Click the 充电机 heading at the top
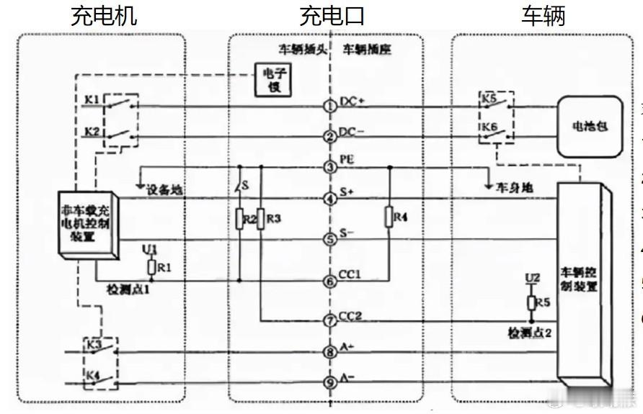coord(104,16)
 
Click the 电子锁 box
coord(272,79)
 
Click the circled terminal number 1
coord(329,107)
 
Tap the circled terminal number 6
coord(329,282)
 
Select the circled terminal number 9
coord(329,383)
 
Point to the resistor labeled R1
coord(151,267)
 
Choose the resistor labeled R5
coord(531,302)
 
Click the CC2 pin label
coord(351,315)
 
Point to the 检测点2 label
coord(530,333)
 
